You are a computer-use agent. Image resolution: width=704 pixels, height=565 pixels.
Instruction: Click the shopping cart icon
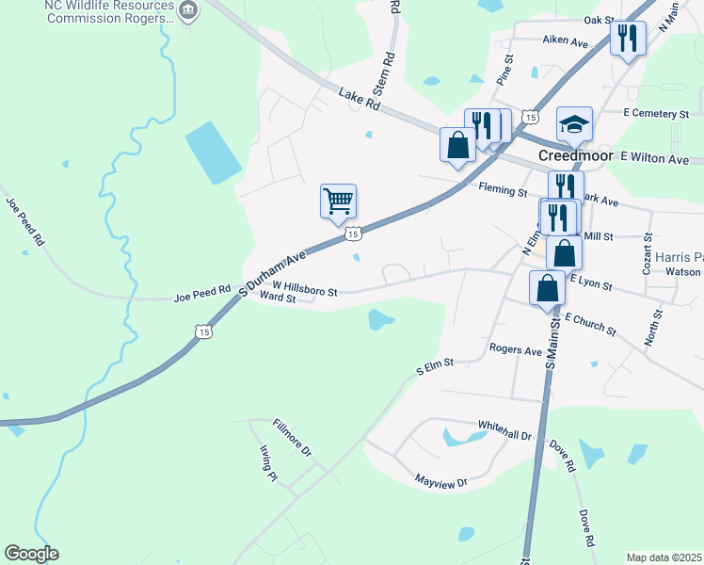[x=338, y=201]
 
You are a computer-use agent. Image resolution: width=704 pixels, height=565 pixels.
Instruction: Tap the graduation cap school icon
[x=574, y=123]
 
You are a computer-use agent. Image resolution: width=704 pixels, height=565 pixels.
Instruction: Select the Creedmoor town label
[x=576, y=155]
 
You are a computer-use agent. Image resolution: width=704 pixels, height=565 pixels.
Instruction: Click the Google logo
[x=31, y=554]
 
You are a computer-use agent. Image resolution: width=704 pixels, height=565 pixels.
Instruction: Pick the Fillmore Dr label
[x=292, y=438]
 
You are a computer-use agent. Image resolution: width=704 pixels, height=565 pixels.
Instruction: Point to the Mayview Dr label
[x=441, y=481]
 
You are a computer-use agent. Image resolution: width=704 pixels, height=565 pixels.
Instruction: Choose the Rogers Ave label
[x=516, y=349]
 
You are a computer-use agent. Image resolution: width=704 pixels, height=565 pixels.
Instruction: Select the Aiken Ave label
[x=565, y=41]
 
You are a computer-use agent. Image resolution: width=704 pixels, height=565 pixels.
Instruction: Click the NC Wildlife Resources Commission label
[x=110, y=11]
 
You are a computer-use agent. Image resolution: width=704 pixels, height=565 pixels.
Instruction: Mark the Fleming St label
[x=503, y=191]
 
